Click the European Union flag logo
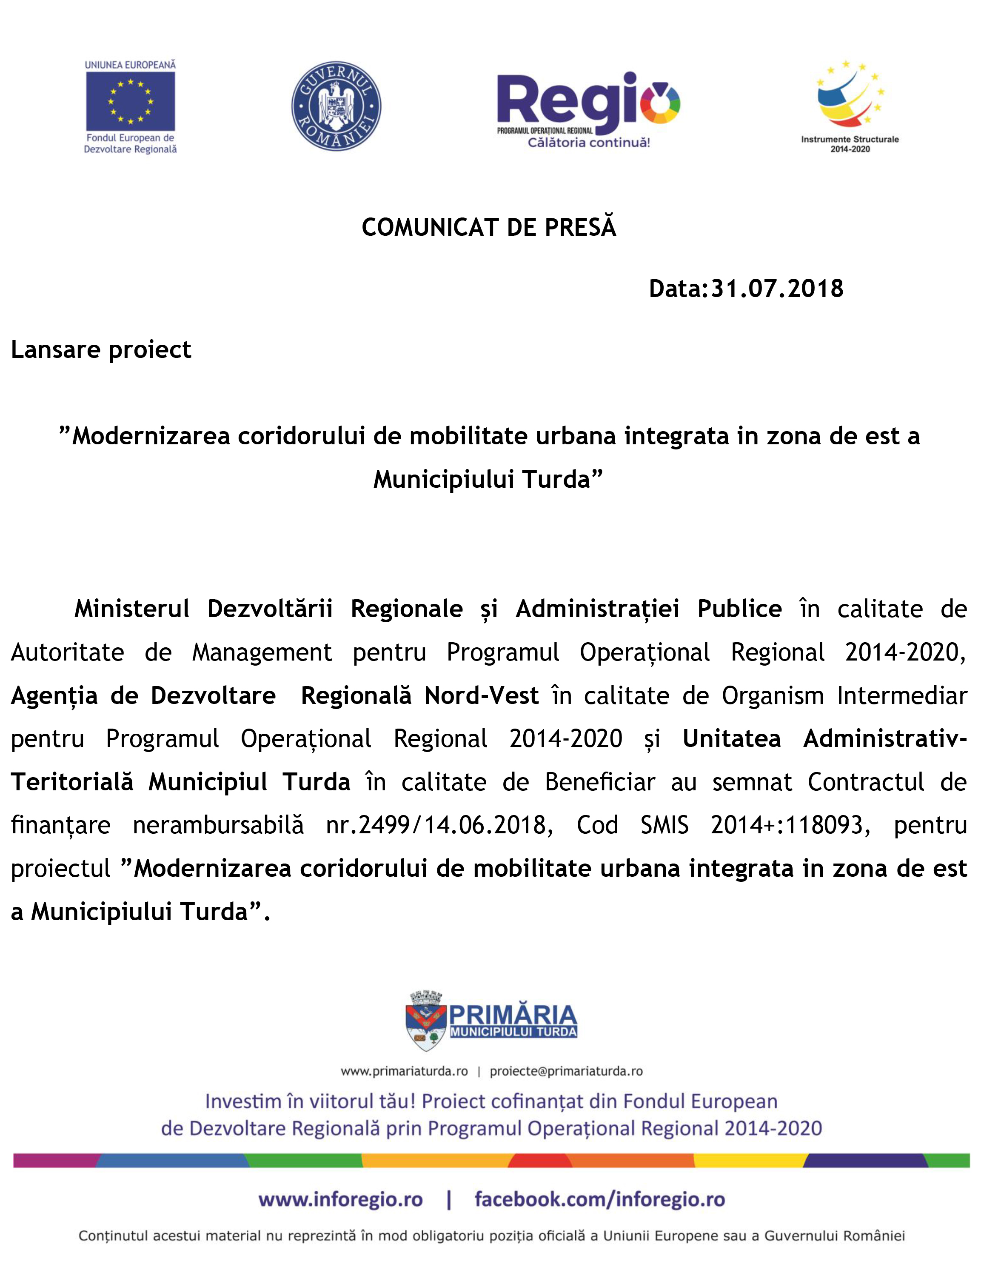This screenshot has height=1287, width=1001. (130, 101)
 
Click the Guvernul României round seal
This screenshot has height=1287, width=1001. (337, 106)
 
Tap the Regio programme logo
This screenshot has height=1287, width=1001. (588, 109)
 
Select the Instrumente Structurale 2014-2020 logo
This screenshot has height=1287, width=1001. (850, 106)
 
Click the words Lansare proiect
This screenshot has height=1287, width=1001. (101, 350)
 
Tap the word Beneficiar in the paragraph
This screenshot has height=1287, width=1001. (600, 782)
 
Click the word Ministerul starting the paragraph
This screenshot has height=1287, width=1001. (132, 609)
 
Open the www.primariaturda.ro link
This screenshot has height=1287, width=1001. (404, 1071)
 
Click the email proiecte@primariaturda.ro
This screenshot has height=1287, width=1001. (566, 1071)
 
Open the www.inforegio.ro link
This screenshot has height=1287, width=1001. (340, 1200)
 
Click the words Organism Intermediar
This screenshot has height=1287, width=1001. (844, 695)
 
